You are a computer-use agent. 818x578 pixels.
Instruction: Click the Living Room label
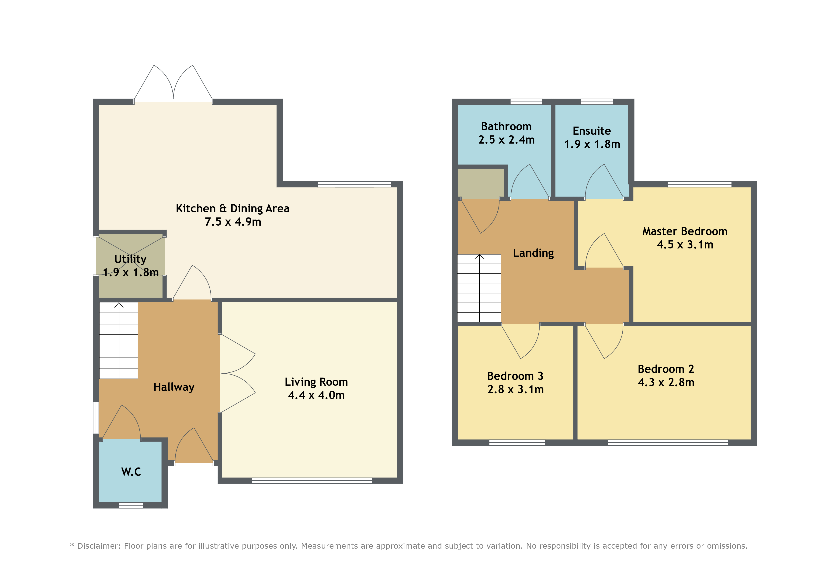(x=316, y=382)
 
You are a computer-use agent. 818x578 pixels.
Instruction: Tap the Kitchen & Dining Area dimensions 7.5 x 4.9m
(x=233, y=222)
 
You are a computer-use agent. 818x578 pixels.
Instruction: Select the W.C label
(x=131, y=472)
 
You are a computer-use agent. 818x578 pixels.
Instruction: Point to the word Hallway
(x=174, y=387)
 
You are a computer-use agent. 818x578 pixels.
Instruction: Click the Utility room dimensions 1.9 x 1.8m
(x=131, y=272)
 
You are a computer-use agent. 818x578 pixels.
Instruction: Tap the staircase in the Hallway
(x=119, y=341)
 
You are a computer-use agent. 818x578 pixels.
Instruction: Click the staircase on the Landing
(x=479, y=288)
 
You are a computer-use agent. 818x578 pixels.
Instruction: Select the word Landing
(x=533, y=253)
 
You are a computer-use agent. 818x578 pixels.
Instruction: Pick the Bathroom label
(x=506, y=126)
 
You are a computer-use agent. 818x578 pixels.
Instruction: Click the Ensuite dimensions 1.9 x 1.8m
(x=592, y=144)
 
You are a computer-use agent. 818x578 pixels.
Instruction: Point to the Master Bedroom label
(x=685, y=231)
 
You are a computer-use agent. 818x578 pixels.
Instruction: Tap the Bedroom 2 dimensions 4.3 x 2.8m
(x=666, y=382)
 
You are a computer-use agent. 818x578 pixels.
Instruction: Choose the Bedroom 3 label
(x=515, y=376)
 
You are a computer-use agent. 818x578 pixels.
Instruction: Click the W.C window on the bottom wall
(x=131, y=505)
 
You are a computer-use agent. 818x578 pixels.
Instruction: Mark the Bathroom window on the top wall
(x=526, y=102)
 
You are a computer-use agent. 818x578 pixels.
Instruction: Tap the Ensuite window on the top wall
(x=597, y=102)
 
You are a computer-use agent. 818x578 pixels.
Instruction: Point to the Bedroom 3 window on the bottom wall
(x=517, y=443)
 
